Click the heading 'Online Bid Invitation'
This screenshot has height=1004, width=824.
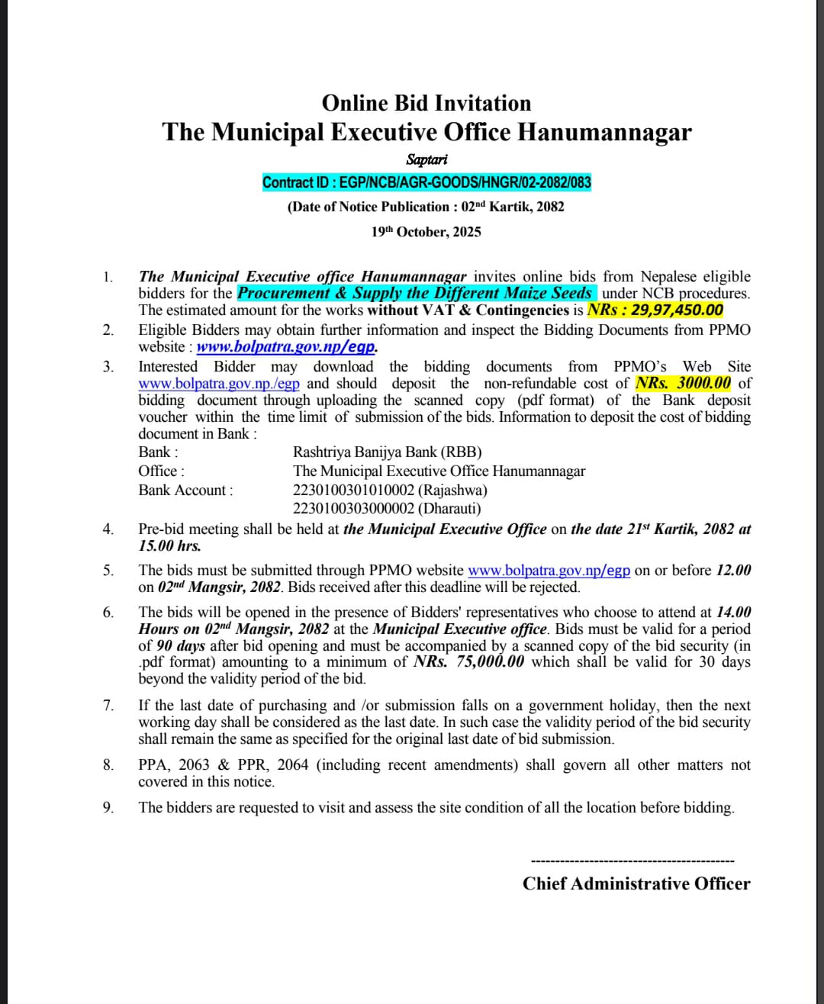(426, 103)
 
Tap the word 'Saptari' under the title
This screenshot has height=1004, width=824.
(426, 159)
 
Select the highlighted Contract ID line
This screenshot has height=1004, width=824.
(426, 182)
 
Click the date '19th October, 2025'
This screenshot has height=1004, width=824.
(426, 232)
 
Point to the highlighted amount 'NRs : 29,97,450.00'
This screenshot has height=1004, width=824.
(655, 310)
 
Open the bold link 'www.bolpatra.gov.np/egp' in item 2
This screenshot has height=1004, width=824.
(286, 346)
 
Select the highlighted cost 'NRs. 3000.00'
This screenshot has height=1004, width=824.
(683, 383)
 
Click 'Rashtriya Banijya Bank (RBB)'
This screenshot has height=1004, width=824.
(387, 452)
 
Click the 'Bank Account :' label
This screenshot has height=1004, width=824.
(185, 490)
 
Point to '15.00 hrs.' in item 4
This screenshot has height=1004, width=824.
(169, 545)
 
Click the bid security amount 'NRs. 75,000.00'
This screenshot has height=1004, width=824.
(468, 661)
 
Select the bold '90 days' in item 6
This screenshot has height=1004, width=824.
(181, 645)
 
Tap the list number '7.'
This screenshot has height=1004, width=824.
(108, 706)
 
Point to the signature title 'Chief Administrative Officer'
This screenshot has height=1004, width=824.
(636, 883)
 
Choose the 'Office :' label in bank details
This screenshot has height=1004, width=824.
(161, 471)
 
